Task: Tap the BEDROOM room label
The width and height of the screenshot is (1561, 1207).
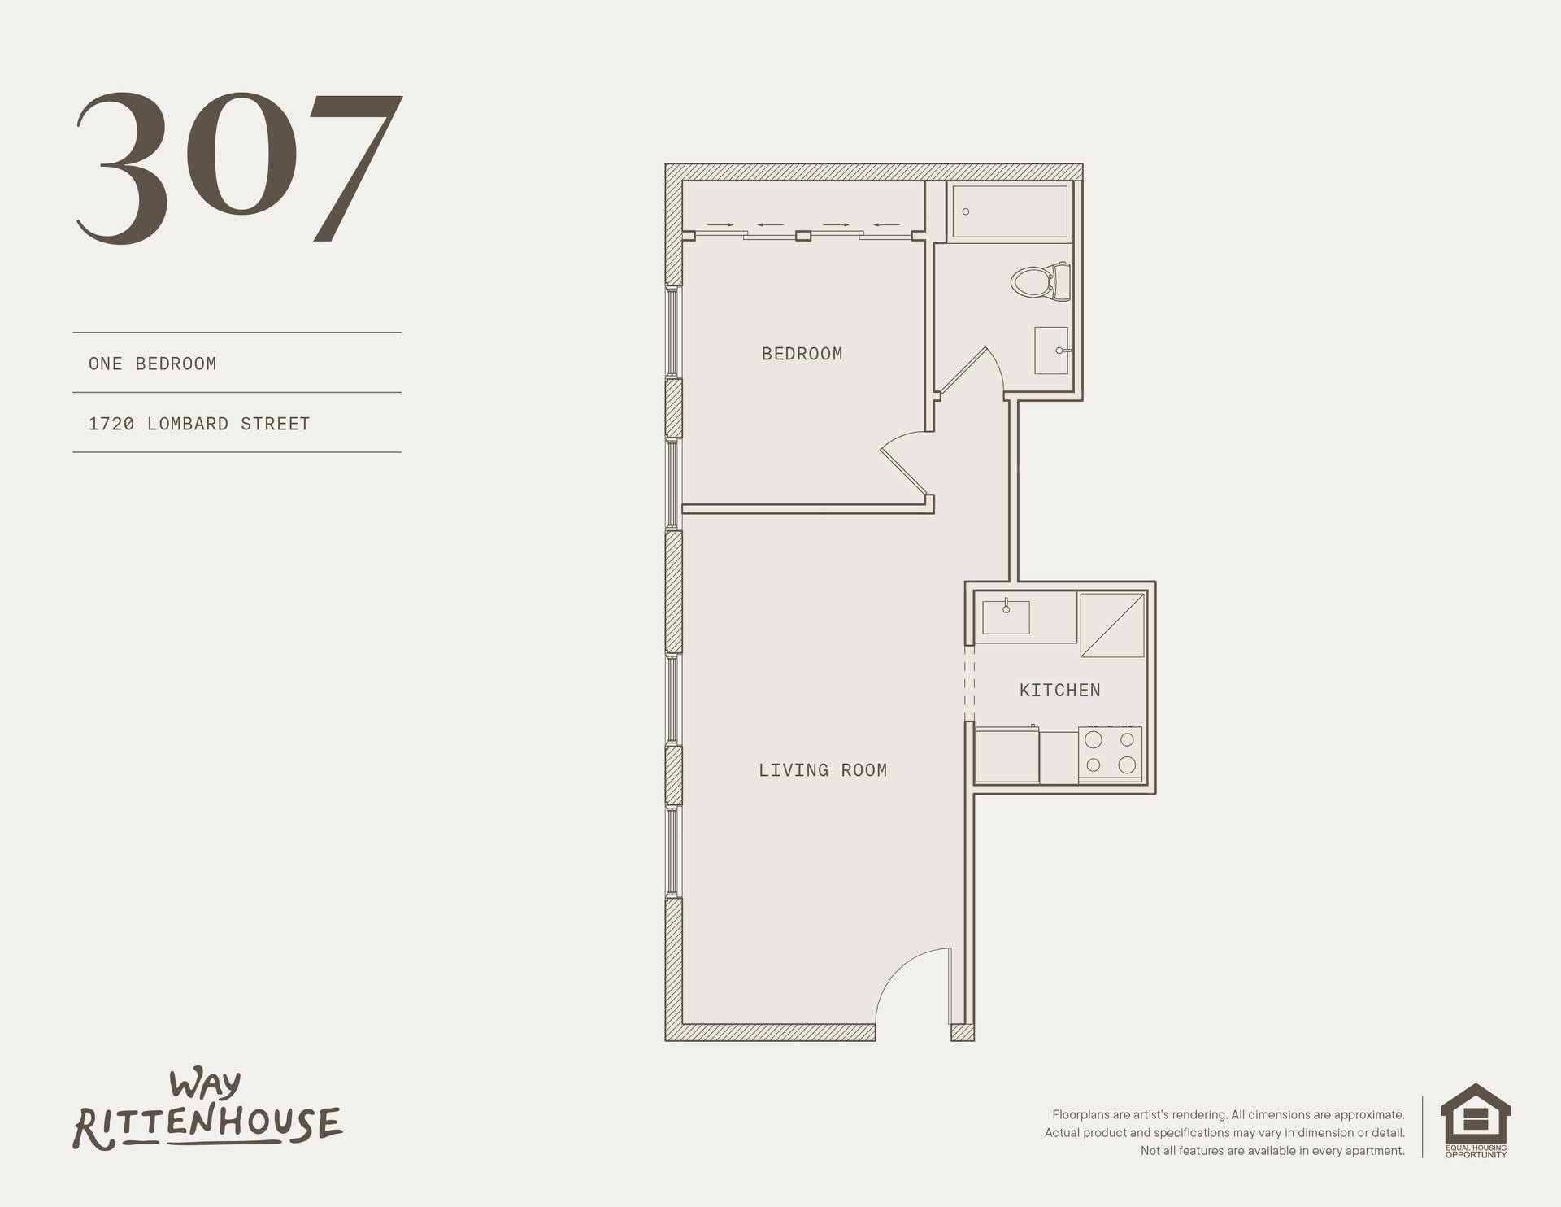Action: coord(802,354)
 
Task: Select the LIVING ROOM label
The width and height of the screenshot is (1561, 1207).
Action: coord(823,770)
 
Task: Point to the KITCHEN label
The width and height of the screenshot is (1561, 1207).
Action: coord(1060,691)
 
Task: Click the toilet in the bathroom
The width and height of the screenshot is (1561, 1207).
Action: coord(1041,281)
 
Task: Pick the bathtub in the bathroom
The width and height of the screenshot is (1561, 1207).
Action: coord(1009,212)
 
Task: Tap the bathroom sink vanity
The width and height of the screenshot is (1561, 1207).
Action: coord(1052,351)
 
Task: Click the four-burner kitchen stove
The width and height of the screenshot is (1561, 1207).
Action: coord(1111,754)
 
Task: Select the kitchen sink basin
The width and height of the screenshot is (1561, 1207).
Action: coord(1006,617)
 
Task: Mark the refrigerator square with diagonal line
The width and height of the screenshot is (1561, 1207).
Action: coord(1112,625)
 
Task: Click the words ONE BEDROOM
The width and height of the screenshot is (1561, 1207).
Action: coord(153,364)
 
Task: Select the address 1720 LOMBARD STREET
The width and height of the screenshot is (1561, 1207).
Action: coord(199,424)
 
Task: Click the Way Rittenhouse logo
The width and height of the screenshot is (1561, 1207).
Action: coord(208,1111)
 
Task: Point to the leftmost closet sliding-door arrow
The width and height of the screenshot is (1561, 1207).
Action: coord(720,224)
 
